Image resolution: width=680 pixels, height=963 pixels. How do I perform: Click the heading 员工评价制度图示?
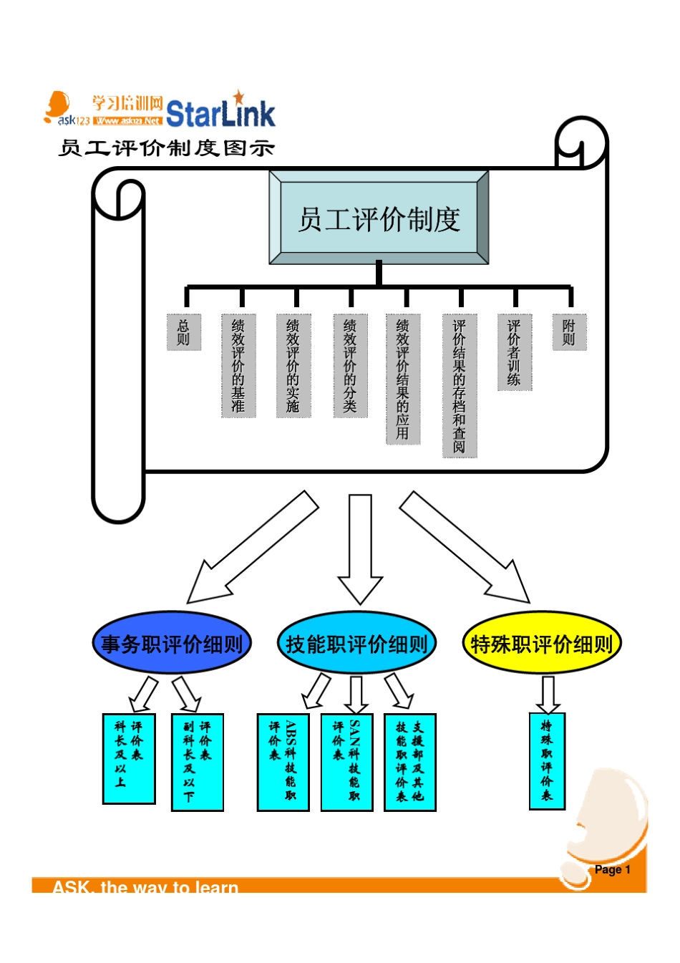point(166,148)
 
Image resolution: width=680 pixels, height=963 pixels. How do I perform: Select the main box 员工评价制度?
point(379,218)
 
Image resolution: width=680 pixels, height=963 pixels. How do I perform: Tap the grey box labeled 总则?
point(184,332)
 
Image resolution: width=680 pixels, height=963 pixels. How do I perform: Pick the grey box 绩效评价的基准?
point(238,365)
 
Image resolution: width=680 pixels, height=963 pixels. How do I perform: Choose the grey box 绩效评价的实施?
point(293,365)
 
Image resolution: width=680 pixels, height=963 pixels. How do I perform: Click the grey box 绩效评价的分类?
point(349,365)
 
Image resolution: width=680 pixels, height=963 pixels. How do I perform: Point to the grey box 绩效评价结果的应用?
point(403,379)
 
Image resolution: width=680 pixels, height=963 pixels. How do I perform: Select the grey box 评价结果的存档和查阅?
point(460,385)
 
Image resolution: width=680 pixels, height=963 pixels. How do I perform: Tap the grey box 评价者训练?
point(515,352)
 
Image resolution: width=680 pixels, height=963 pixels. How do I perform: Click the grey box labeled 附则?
point(569,332)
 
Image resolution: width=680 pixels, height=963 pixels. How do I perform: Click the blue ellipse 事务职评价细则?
point(172,644)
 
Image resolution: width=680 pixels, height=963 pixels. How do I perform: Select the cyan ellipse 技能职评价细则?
point(356,644)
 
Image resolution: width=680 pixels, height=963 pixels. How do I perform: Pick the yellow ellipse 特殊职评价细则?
point(541,644)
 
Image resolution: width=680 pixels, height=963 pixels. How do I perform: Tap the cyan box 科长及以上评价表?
point(129,758)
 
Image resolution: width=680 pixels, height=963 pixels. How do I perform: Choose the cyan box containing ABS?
point(283,762)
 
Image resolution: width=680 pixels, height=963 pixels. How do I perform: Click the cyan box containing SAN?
point(346,762)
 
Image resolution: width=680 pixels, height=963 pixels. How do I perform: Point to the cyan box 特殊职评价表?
point(547,761)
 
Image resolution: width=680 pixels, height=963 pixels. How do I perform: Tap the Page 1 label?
point(612,869)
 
